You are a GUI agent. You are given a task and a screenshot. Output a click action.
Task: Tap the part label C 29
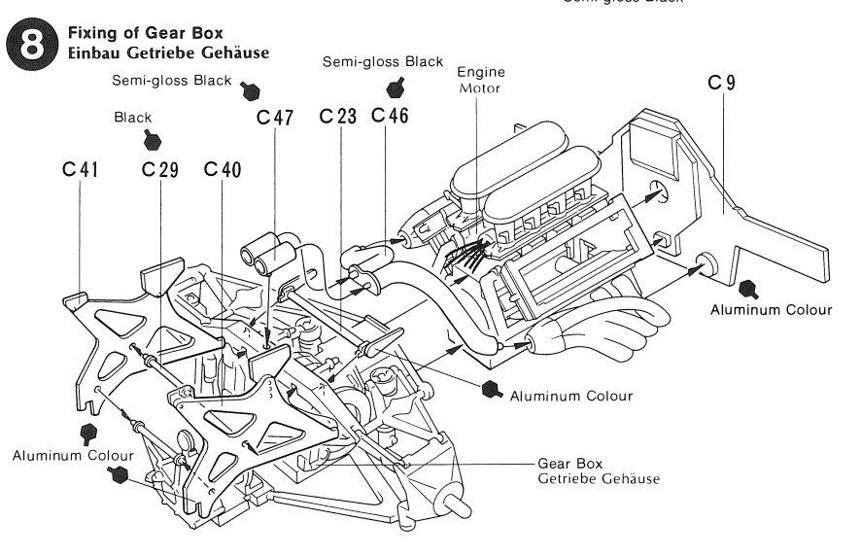pos(159,169)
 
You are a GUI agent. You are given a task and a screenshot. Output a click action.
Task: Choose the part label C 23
pos(338,117)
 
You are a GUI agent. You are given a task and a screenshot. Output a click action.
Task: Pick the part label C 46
pos(390,117)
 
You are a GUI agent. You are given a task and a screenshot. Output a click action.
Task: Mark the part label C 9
pos(721,83)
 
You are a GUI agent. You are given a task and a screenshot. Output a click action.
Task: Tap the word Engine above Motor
pos(481,71)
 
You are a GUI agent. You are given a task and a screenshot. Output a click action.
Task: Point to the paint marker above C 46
pos(395,87)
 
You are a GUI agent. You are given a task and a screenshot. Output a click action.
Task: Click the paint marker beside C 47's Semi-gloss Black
pos(251,90)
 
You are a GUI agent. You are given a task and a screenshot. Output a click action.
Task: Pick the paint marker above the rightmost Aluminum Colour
pos(748,288)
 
